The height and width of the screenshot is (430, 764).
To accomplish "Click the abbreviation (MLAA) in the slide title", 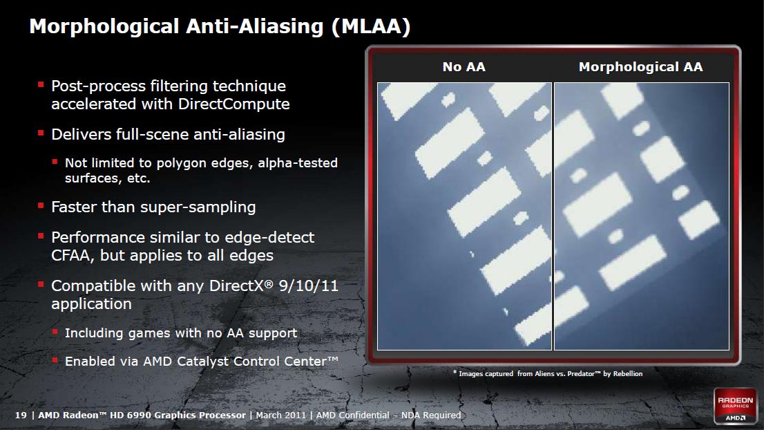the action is click(371, 26).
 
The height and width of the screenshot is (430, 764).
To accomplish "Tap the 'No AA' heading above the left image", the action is click(464, 67).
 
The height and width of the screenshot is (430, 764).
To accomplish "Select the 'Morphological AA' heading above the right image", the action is click(641, 67).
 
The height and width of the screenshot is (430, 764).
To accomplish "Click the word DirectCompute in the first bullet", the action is click(234, 104).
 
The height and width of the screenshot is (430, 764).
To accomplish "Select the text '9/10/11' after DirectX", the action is click(308, 286).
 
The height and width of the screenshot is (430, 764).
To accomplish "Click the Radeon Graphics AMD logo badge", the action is click(735, 406).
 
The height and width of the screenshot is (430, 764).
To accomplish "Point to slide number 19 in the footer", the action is click(21, 415).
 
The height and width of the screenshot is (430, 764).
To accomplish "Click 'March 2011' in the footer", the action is click(281, 415).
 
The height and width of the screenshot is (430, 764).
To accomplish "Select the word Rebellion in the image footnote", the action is click(627, 374).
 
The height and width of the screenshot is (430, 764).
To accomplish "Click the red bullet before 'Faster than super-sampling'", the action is click(41, 206).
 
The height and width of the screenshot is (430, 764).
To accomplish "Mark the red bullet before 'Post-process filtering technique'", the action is click(41, 85).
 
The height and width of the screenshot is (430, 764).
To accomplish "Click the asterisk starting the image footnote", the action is click(455, 373).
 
